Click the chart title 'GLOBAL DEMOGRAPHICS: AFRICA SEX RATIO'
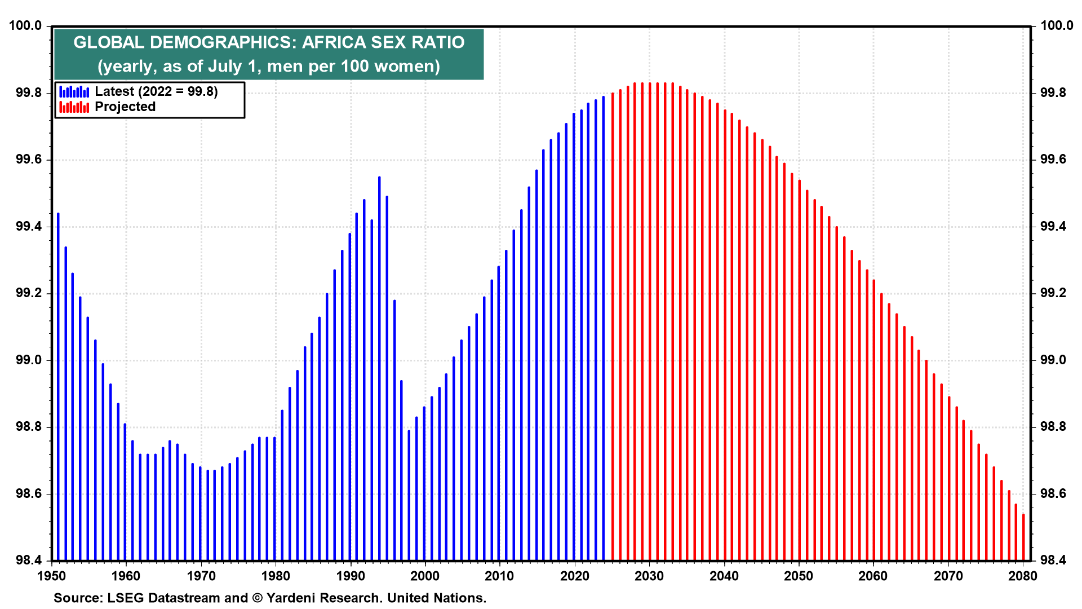pyautogui.click(x=269, y=42)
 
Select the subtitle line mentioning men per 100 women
pyautogui.click(x=269, y=66)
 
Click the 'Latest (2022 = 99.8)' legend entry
pyautogui.click(x=156, y=91)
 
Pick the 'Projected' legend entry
pyautogui.click(x=125, y=107)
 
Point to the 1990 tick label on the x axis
pyautogui.click(x=350, y=576)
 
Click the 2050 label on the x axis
pyautogui.click(x=799, y=576)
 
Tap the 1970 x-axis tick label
pyautogui.click(x=201, y=576)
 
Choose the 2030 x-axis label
pyautogui.click(x=649, y=576)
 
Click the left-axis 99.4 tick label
pyautogui.click(x=29, y=227)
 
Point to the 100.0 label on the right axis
pyautogui.click(x=1057, y=25)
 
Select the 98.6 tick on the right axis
pyautogui.click(x=1053, y=494)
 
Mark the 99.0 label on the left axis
pyautogui.click(x=29, y=360)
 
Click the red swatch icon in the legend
pyautogui.click(x=74, y=107)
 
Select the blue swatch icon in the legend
pyautogui.click(x=74, y=91)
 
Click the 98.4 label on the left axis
pyautogui.click(x=29, y=561)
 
